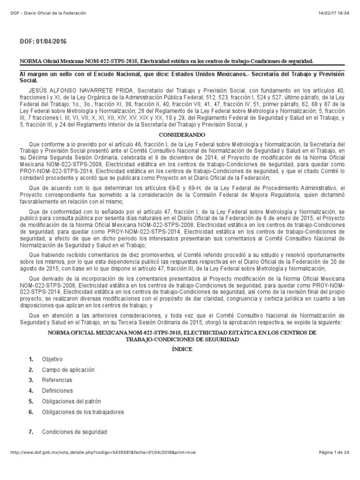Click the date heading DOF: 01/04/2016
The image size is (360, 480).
tap(43, 42)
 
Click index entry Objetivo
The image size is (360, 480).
tap(52, 360)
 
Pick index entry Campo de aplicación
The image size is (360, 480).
tap(65, 370)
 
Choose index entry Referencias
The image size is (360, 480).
tap(57, 380)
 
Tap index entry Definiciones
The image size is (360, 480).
tap(57, 390)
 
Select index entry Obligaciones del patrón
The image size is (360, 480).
tap(71, 401)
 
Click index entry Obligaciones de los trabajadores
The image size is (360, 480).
tap(83, 412)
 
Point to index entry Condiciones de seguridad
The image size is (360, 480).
tap(75, 432)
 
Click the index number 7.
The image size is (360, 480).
tap(31, 432)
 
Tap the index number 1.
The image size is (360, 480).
tap(31, 360)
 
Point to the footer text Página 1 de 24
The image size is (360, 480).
tap(334, 465)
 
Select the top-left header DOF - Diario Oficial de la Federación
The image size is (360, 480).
tap(48, 12)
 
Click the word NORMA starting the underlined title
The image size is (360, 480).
tap(29, 61)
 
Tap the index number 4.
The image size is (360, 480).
tap(31, 390)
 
